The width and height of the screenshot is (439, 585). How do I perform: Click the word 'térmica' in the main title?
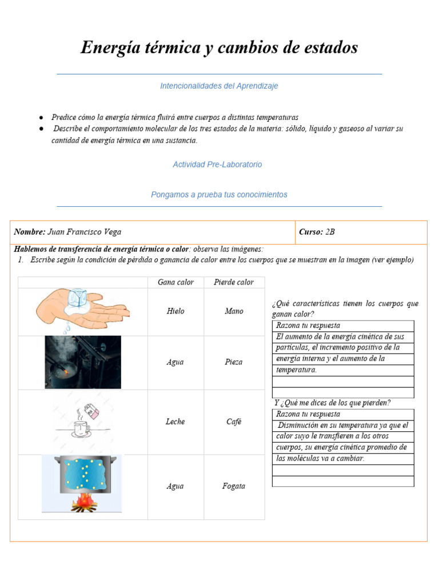[167, 48]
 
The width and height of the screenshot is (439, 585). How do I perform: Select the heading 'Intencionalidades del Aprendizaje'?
[219, 86]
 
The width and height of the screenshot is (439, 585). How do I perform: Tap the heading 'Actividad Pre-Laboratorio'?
[217, 165]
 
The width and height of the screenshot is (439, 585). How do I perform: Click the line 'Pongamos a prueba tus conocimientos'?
[219, 195]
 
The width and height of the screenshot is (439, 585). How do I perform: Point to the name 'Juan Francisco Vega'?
[85, 232]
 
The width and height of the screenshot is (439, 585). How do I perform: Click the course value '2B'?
[330, 232]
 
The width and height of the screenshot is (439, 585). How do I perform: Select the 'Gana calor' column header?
[175, 282]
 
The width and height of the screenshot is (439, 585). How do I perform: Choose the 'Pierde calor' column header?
[234, 282]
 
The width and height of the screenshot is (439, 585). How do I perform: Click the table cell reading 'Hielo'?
[175, 311]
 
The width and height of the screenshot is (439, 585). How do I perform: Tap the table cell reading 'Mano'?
[234, 311]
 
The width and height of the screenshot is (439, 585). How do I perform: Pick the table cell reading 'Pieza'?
[234, 362]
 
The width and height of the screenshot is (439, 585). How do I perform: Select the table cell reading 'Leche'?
[175, 422]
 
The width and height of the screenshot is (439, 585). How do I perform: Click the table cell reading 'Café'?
[234, 422]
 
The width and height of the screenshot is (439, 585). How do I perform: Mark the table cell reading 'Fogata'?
[234, 486]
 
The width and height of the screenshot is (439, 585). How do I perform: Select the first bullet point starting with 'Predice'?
[175, 117]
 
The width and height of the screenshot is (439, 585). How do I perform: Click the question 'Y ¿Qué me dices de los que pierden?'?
[332, 403]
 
